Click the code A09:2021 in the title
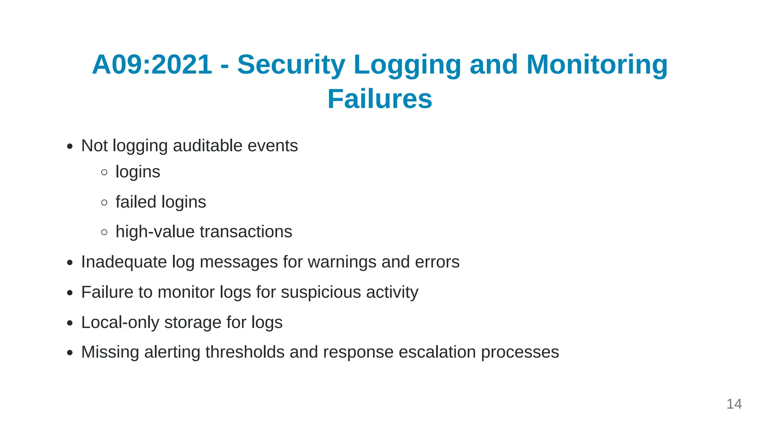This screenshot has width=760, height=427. [x=152, y=65]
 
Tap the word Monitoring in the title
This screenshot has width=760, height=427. [x=597, y=65]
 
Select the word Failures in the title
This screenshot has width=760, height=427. [x=380, y=99]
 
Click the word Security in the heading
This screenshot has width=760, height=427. [x=291, y=65]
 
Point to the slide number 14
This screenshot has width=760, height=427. [x=734, y=404]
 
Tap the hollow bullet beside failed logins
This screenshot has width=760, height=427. [x=104, y=202]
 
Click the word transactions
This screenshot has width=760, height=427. [x=246, y=232]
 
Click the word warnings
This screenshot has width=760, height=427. [x=342, y=262]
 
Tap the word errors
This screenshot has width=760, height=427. [x=437, y=262]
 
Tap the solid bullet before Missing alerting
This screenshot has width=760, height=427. [x=70, y=353]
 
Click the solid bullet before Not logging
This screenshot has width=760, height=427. [x=70, y=147]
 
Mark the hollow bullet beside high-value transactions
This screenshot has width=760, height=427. [x=104, y=232]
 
